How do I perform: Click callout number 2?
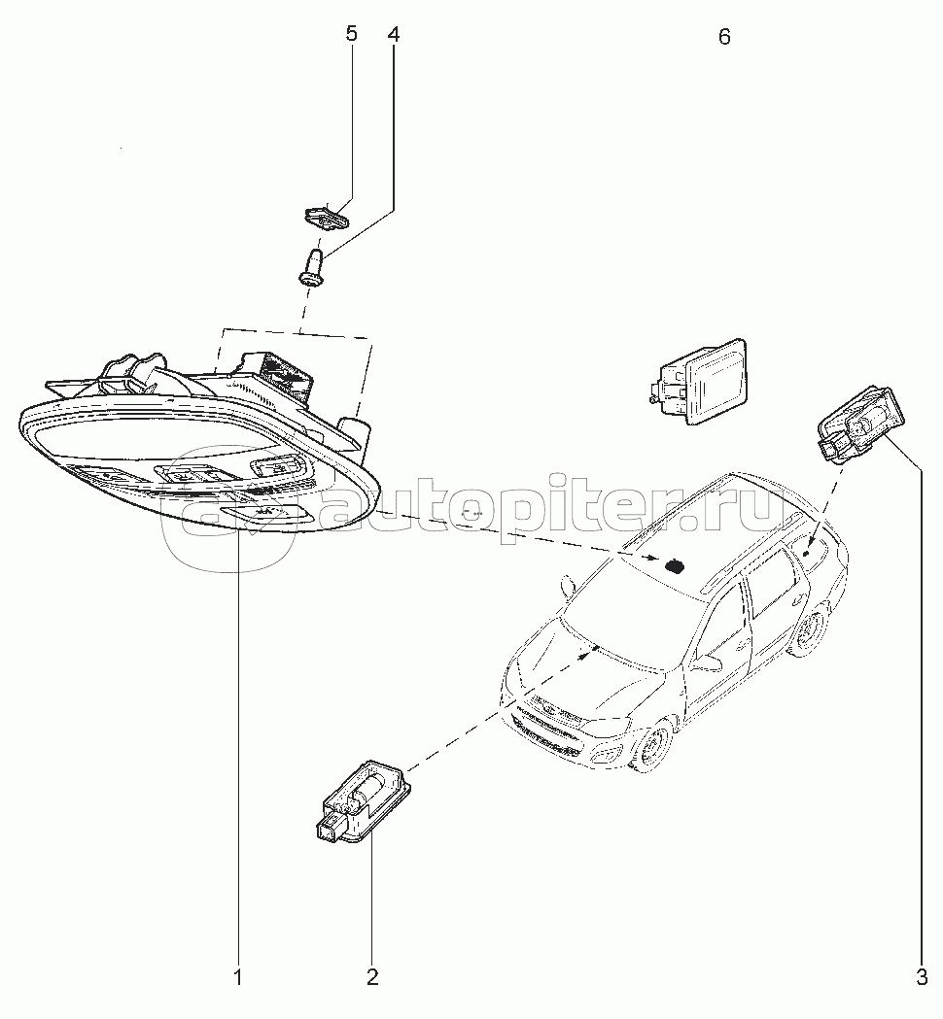[371, 976]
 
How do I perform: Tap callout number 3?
[921, 976]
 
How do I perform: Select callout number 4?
[393, 35]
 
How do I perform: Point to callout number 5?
[351, 35]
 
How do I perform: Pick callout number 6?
[723, 38]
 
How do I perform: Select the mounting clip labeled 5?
[325, 215]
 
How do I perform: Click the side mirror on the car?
[708, 661]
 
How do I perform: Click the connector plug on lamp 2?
[329, 827]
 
